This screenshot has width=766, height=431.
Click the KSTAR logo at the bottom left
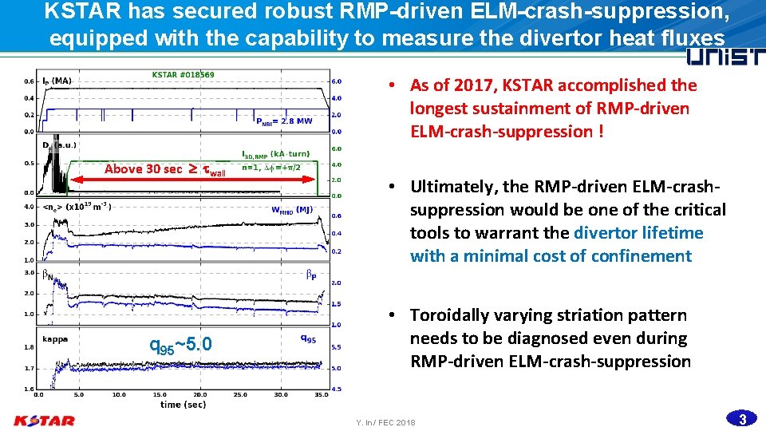[44, 421]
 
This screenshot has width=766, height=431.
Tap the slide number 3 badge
[742, 419]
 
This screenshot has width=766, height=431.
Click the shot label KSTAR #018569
[183, 75]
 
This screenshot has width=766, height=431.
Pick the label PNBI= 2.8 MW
[284, 121]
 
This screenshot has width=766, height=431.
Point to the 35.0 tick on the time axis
[321, 394]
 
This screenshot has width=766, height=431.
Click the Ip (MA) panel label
[57, 81]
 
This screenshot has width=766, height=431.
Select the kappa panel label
[55, 338]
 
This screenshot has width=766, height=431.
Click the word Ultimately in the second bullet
[452, 187]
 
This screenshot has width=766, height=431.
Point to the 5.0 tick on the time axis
[78, 394]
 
